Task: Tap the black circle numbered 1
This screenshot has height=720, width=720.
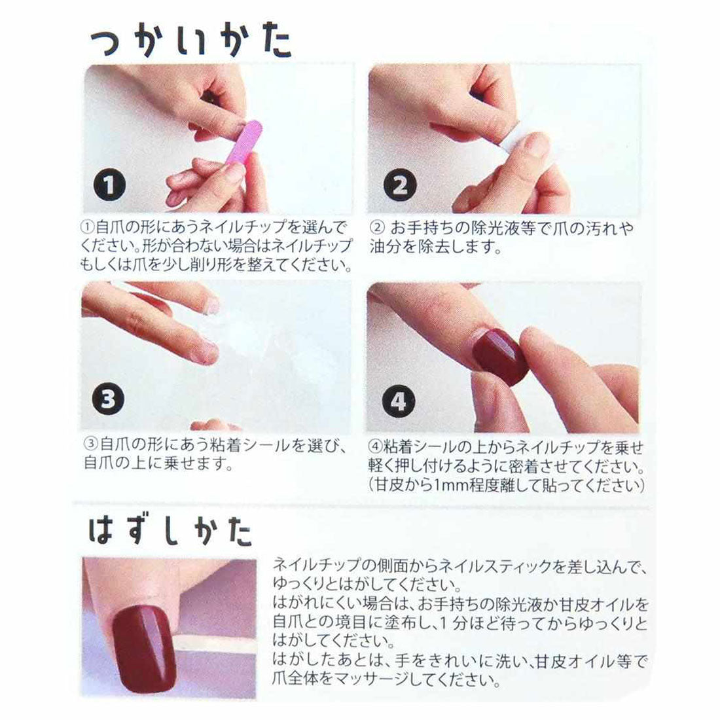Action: [109, 185]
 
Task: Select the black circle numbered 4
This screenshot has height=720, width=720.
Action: [398, 401]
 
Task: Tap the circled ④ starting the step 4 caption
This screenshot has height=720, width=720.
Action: [375, 446]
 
